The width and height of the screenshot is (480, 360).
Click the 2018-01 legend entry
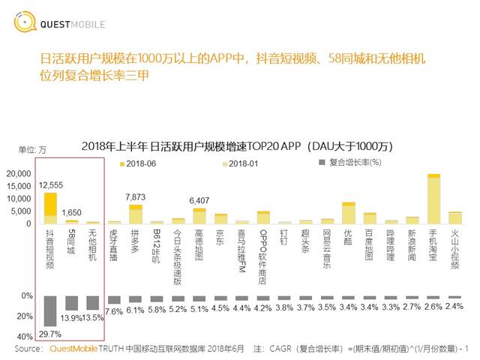(x=239, y=163)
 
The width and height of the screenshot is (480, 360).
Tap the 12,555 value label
(x=50, y=184)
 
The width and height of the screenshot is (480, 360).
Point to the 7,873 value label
(x=136, y=196)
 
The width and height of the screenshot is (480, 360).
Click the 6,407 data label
(x=199, y=199)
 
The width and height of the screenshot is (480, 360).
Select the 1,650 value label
(x=72, y=212)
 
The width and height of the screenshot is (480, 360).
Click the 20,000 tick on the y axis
(x=18, y=174)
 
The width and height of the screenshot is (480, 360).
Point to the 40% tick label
(x=24, y=335)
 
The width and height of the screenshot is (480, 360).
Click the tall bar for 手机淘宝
(x=433, y=199)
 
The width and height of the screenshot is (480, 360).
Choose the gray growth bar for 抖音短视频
(x=50, y=310)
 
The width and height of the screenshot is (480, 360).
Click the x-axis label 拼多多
(x=136, y=242)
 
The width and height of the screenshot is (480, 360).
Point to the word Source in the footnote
(x=28, y=349)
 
